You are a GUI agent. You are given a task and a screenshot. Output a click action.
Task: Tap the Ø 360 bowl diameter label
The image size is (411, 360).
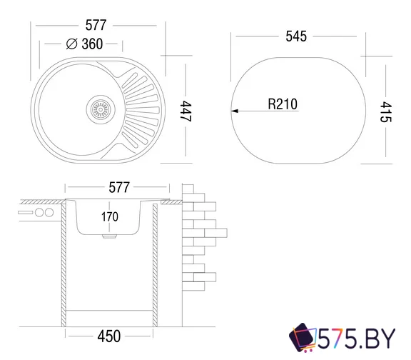(x=84, y=44)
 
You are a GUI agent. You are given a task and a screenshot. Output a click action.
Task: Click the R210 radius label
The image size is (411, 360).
(x=283, y=104)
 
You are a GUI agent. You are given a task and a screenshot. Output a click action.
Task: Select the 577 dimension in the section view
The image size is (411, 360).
(x=118, y=188)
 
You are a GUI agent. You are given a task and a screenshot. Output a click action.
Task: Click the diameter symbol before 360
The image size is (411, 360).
(x=71, y=44)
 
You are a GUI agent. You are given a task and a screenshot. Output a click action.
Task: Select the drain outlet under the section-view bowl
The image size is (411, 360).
(x=108, y=234)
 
